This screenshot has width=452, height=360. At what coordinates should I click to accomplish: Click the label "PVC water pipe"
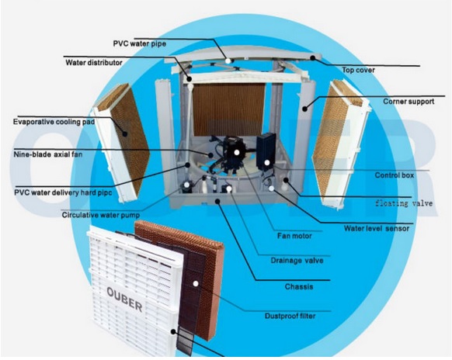coord(140,43)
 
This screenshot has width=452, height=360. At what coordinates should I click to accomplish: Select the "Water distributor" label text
coord(94,63)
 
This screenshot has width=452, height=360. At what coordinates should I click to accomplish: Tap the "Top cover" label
coord(358,70)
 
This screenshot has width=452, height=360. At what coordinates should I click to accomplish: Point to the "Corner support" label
coord(409,102)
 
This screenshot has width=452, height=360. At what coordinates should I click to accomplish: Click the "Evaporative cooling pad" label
coord(54,122)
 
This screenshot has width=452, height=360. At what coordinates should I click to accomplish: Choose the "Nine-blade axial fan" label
coord(48,154)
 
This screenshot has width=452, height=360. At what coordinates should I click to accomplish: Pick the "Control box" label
coord(394,175)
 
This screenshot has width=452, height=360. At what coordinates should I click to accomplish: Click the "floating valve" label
coord(404,203)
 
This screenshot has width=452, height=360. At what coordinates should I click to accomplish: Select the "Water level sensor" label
coord(377,228)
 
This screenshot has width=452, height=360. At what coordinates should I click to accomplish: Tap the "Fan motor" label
coord(294,236)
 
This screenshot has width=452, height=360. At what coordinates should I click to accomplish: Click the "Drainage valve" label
coord(297,261)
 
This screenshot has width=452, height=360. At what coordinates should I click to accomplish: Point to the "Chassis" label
coord(299,287)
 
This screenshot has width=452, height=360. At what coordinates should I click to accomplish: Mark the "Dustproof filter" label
coord(290,316)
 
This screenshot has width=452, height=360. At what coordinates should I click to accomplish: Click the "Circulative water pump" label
coord(101,215)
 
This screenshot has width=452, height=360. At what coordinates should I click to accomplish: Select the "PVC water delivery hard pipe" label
coord(63,192)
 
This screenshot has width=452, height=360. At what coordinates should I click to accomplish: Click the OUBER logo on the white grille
coord(124,299)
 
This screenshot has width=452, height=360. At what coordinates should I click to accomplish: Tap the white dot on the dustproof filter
coord(196,284)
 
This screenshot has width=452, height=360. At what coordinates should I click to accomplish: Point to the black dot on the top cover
coord(313,57)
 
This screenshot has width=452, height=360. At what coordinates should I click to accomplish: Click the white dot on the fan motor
coord(237,152)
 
